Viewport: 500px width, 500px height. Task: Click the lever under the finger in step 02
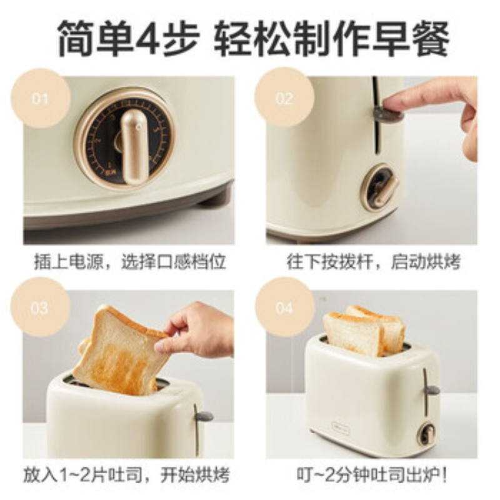click(387, 113)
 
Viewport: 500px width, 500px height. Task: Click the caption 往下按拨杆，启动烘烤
click(373, 262)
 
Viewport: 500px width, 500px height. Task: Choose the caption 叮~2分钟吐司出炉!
click(372, 474)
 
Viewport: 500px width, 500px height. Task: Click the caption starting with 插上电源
click(129, 262)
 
